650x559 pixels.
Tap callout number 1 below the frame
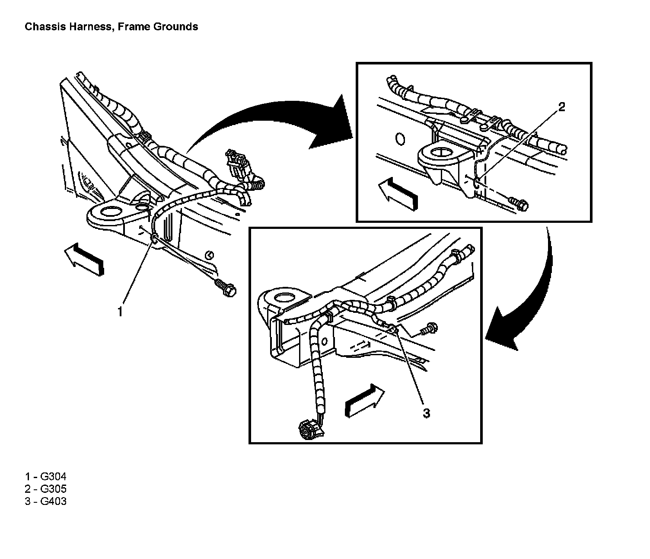click(x=120, y=311)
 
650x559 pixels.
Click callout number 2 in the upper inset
click(x=561, y=107)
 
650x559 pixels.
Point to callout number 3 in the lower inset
click(x=426, y=413)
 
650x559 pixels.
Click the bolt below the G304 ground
click(x=225, y=288)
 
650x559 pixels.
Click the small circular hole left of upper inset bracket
click(x=400, y=139)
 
